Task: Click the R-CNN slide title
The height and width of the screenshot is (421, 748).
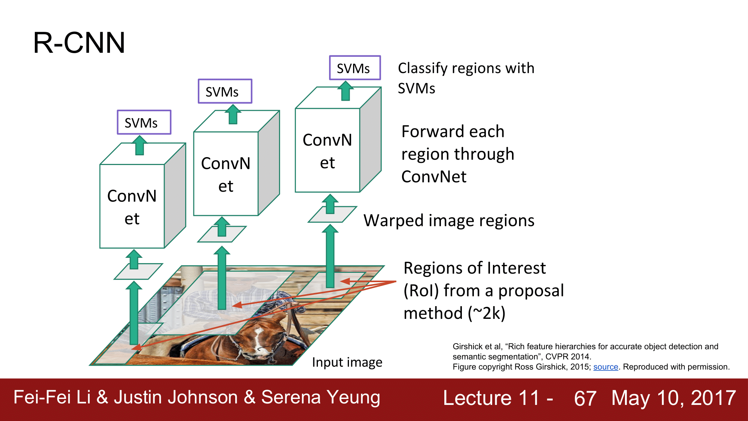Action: (79, 43)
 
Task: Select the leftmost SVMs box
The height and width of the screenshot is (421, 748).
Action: (144, 122)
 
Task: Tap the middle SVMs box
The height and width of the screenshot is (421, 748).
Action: (225, 91)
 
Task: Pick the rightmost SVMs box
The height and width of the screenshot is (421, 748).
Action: (355, 68)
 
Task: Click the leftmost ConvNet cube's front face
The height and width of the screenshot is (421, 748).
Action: (132, 207)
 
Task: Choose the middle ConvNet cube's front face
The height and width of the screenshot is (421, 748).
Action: (226, 174)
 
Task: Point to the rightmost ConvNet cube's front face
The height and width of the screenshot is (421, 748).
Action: (327, 150)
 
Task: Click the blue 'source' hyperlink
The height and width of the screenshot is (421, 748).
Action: (606, 367)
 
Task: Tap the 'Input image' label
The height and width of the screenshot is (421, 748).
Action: (347, 362)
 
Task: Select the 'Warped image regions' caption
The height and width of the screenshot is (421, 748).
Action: (449, 220)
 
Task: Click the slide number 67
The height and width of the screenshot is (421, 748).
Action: (585, 398)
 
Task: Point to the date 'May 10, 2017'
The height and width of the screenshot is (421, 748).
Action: (674, 398)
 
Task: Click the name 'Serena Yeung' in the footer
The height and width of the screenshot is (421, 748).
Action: (321, 397)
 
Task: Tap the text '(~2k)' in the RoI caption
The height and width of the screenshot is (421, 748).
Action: (487, 313)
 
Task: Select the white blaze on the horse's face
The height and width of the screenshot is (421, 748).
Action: (258, 339)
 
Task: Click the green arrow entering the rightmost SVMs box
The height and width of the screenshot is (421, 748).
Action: (346, 91)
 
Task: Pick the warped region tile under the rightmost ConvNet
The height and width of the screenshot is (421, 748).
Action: (332, 214)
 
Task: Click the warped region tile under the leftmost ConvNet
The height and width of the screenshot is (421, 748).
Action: (138, 271)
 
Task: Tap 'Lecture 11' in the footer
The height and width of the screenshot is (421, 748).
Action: (491, 398)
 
